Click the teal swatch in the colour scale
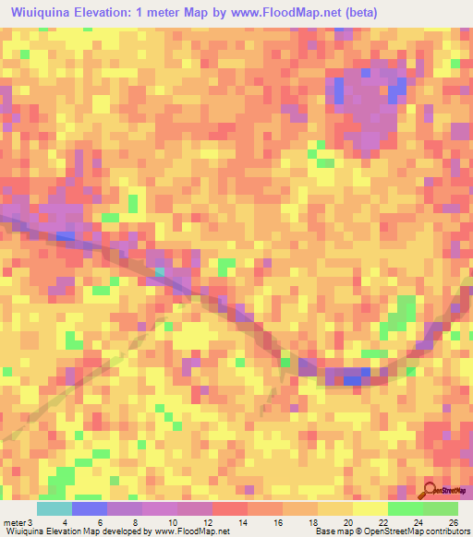coord(55,508)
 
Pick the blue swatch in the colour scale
coord(90,508)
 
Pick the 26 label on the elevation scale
coord(452,523)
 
